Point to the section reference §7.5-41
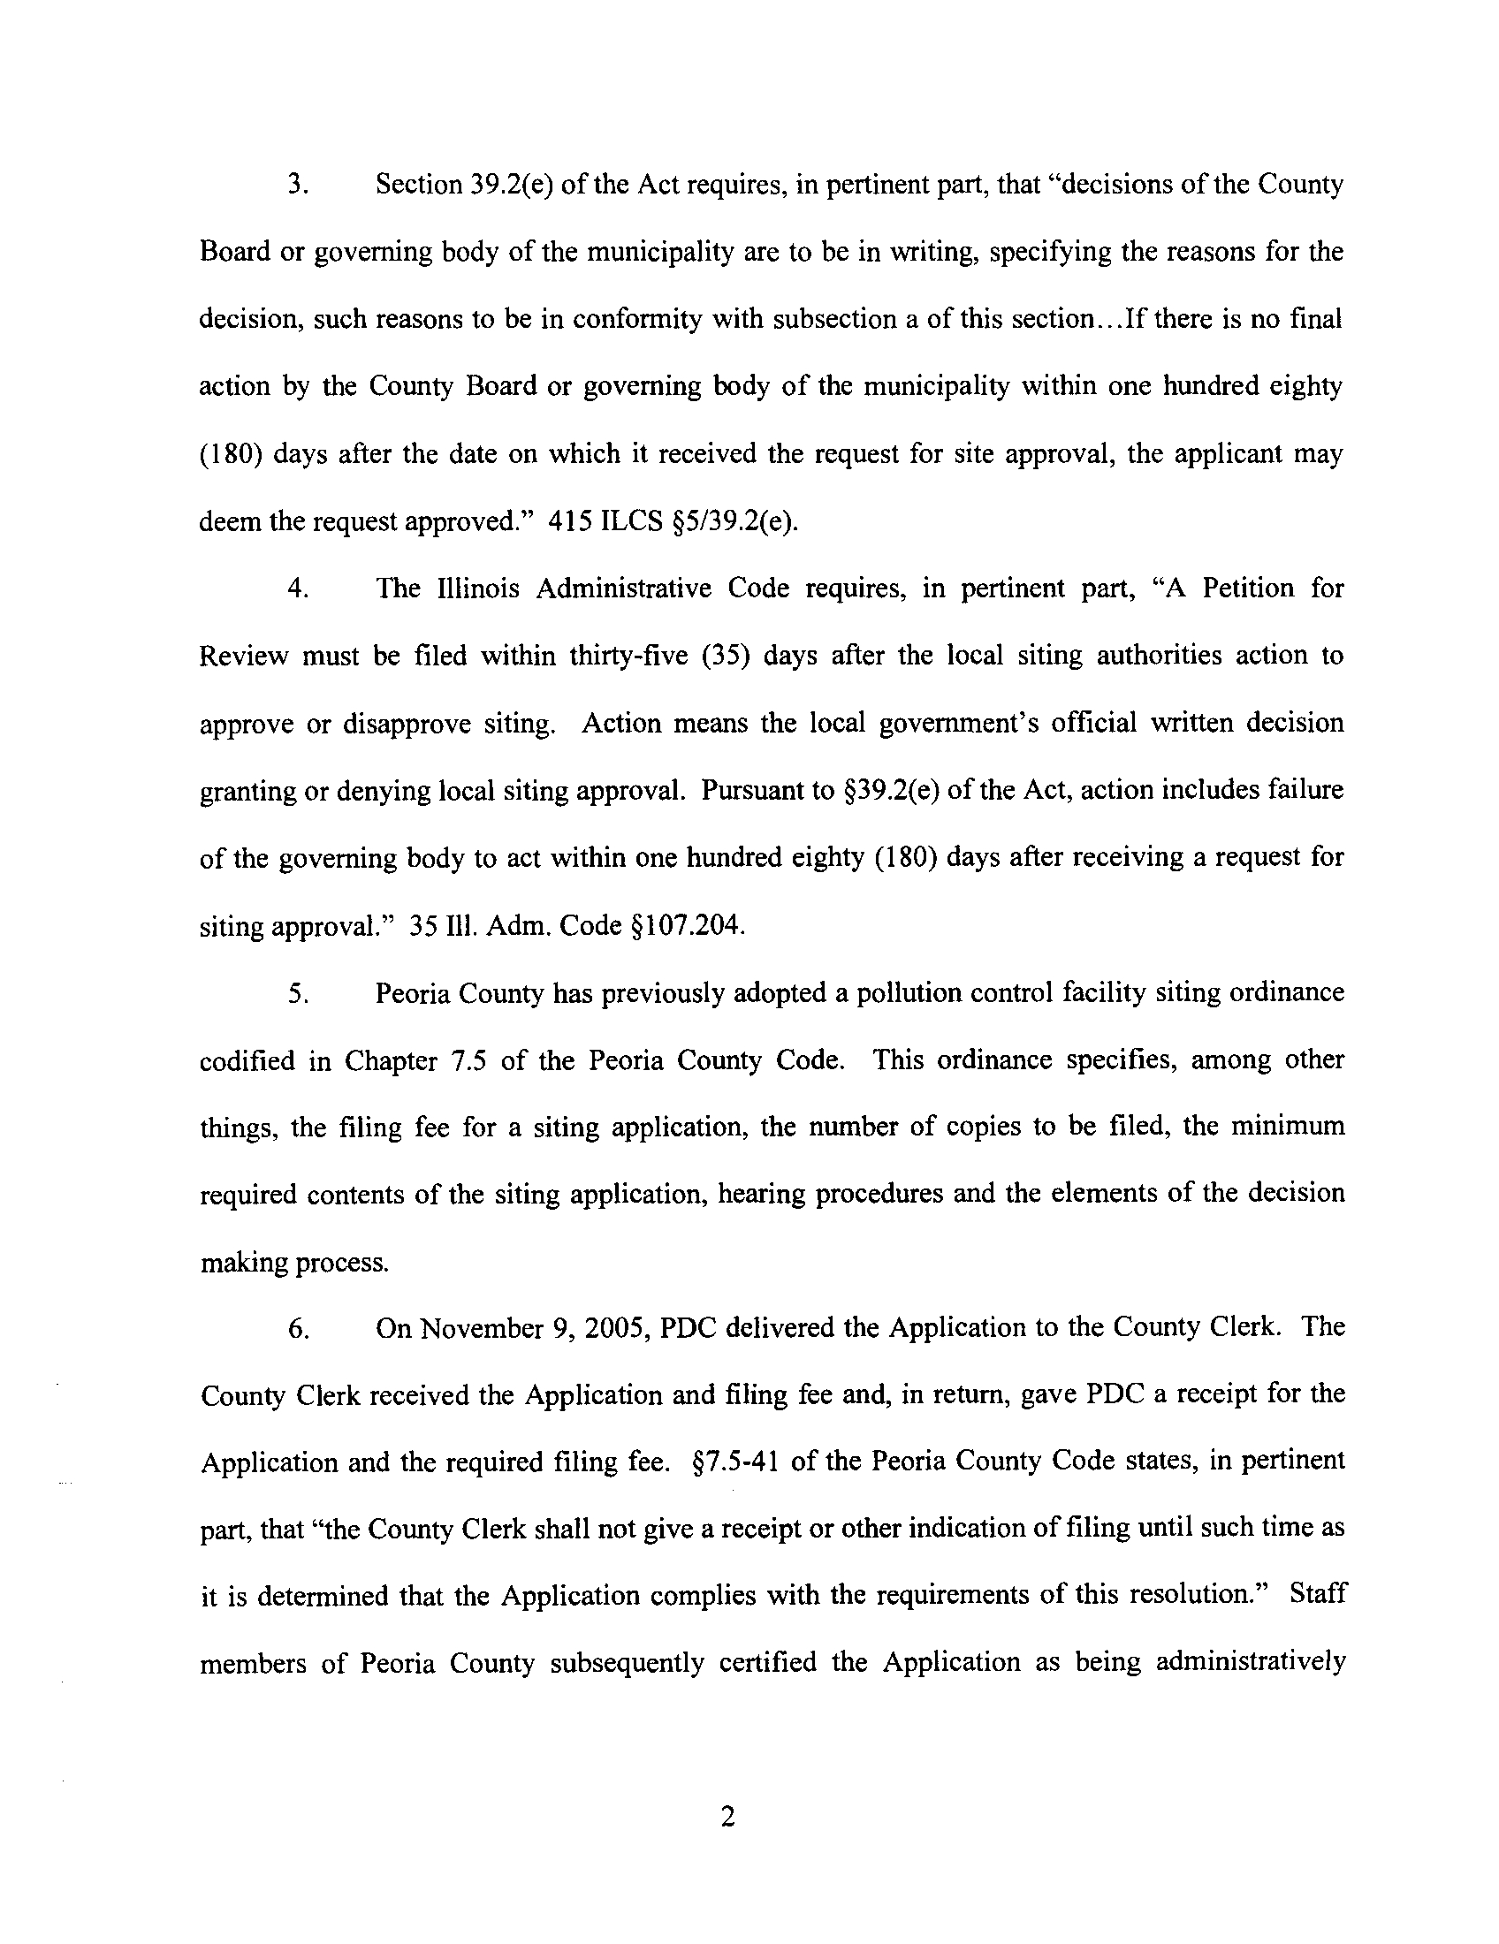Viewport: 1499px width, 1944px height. click(x=735, y=1462)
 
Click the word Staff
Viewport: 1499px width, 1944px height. click(x=1316, y=1597)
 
